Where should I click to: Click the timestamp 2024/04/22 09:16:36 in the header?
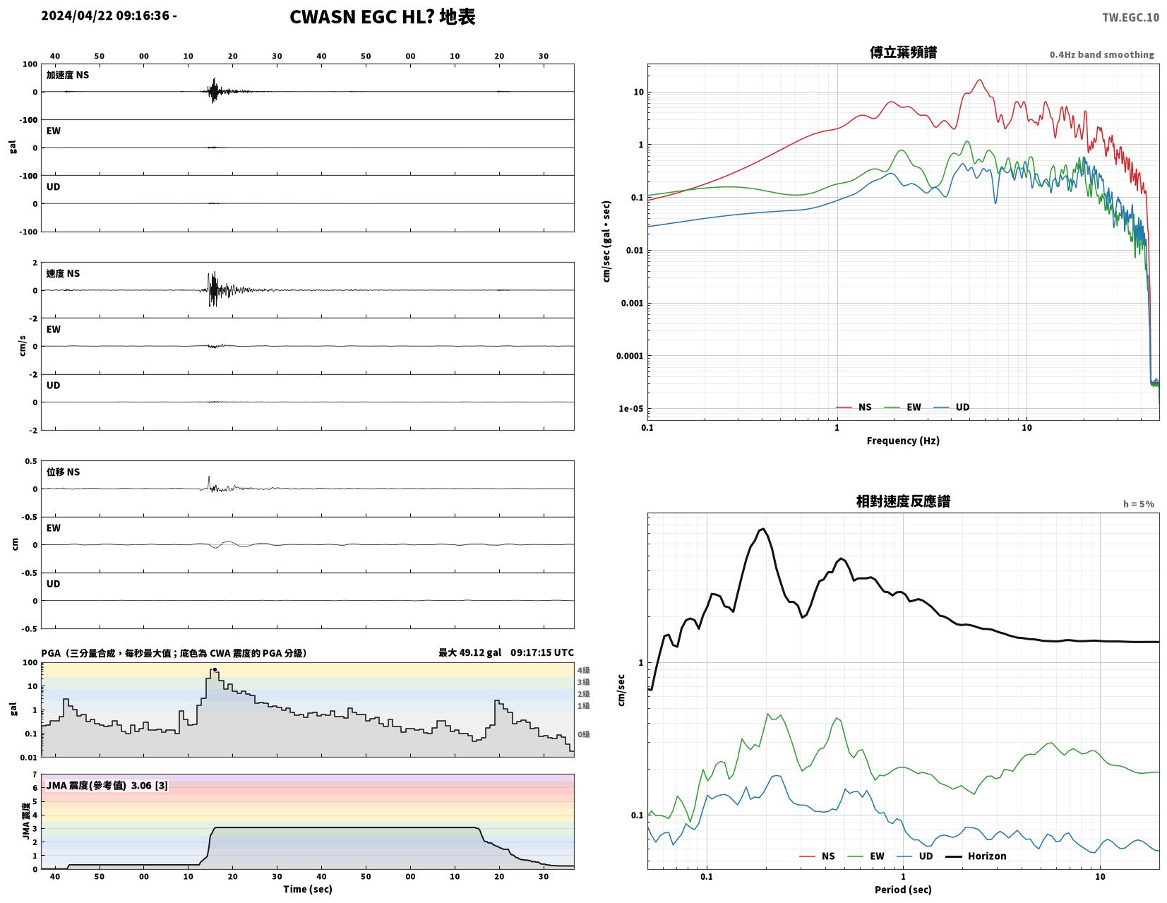point(105,16)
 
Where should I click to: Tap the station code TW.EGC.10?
point(1130,18)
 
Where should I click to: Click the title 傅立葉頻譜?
point(903,53)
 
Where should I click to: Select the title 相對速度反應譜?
point(903,501)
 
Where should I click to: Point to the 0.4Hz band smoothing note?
point(1101,55)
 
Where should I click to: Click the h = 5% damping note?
point(1138,504)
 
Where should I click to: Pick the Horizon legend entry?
point(976,856)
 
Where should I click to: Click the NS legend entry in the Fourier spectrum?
point(854,407)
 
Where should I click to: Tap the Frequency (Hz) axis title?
point(903,441)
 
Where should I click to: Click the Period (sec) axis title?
point(903,890)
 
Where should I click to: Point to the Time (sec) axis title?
point(308,889)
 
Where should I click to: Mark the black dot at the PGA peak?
point(215,669)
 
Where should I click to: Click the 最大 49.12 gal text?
point(469,653)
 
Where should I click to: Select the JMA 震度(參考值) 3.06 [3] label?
point(107,785)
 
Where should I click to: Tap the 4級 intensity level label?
point(583,670)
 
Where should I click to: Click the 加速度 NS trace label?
point(68,75)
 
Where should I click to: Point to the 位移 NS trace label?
point(63,472)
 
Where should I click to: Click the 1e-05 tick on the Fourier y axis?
point(630,409)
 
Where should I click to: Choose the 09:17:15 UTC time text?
point(542,653)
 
